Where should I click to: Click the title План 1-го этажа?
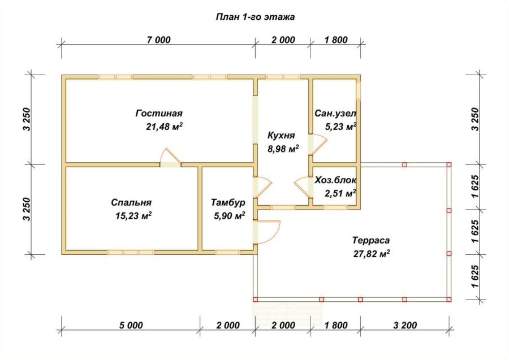(255, 17)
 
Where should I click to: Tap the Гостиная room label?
(159, 113)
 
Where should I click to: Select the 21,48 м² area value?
(164, 126)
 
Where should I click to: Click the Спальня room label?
(131, 202)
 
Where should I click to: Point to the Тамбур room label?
(228, 202)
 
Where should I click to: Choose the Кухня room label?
(281, 135)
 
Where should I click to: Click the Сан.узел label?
(335, 114)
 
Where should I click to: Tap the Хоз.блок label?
(335, 180)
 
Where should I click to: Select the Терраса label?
(371, 240)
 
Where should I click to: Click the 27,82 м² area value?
(372, 253)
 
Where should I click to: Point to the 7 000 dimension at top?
(159, 40)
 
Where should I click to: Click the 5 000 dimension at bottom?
(131, 325)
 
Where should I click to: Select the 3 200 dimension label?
(405, 325)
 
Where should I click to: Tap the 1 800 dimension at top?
(335, 40)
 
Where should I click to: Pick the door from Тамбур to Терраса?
(266, 232)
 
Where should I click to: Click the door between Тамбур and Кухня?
(262, 187)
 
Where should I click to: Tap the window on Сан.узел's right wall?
(359, 90)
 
